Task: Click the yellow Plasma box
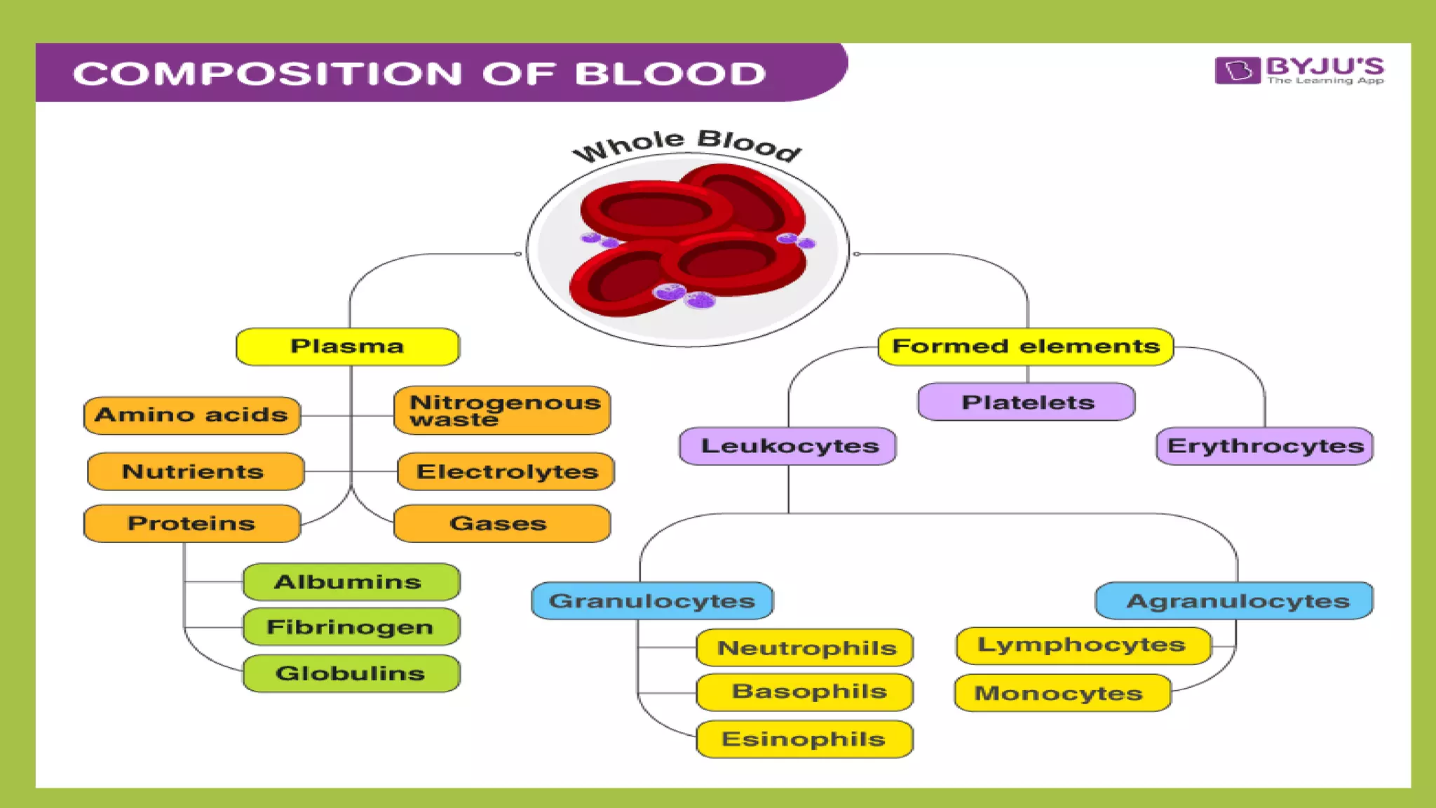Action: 348,346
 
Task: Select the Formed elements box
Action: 1025,346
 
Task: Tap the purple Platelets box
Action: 1027,402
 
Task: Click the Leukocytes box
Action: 788,446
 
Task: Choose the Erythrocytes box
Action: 1264,446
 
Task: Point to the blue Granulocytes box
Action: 652,600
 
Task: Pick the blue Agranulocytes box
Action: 1234,600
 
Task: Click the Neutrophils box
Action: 805,647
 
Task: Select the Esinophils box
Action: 804,739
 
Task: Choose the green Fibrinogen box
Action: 351,626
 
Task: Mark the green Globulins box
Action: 351,673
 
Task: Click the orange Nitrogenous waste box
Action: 502,410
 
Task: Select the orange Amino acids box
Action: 192,415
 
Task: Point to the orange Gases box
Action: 502,523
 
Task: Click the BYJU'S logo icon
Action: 1237,70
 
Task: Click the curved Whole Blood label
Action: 687,144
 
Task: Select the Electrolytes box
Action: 506,471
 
